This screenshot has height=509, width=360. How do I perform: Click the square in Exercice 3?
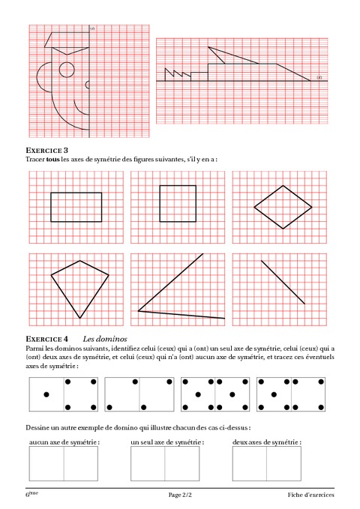[x=178, y=203]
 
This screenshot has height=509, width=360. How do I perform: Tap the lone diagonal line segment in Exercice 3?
[x=283, y=281]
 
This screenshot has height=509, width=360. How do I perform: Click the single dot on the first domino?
[x=46, y=394]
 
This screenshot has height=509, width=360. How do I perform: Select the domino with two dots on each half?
[x=139, y=394]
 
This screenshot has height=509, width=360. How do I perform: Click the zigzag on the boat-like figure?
[x=178, y=74]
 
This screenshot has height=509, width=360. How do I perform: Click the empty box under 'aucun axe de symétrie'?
[x=64, y=465]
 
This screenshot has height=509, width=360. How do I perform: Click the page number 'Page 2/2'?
[x=181, y=496]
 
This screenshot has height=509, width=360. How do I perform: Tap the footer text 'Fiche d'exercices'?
[x=310, y=496]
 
